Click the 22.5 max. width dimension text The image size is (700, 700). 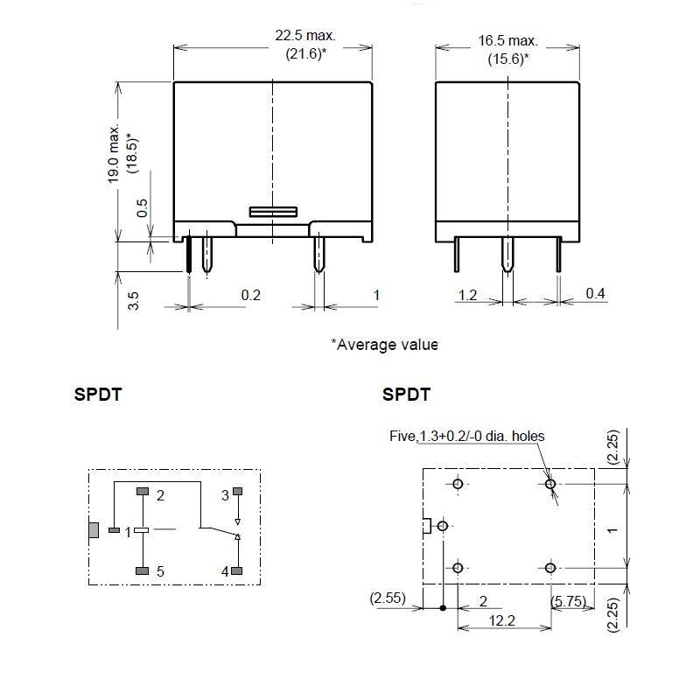pyautogui.click(x=304, y=35)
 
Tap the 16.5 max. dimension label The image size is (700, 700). pyautogui.click(x=508, y=40)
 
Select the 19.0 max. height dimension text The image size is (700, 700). pyautogui.click(x=114, y=154)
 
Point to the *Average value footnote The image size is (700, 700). pyautogui.click(x=384, y=345)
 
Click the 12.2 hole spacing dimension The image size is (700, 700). pyautogui.click(x=501, y=620)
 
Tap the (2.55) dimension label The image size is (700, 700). pyautogui.click(x=388, y=598)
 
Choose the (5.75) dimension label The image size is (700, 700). pyautogui.click(x=568, y=601)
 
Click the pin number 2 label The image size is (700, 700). pyautogui.click(x=160, y=495)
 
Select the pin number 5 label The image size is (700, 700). pyautogui.click(x=160, y=571)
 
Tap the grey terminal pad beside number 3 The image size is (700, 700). pyautogui.click(x=238, y=491)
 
